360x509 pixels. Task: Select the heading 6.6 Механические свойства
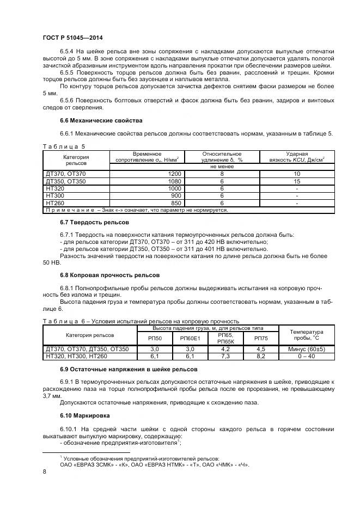tap(101, 120)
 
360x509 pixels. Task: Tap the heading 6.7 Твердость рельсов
tap(94, 222)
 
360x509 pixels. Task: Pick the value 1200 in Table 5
tap(174, 173)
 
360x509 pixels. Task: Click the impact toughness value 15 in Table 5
tap(297, 180)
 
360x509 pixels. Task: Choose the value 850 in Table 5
tap(176, 203)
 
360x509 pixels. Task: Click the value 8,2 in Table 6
tap(261, 356)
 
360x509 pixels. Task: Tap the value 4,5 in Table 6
tap(261, 349)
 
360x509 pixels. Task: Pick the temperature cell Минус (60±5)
tap(306, 349)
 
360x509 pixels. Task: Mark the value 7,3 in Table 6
tap(225, 356)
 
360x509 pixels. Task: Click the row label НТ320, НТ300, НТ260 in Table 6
tap(77, 356)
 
